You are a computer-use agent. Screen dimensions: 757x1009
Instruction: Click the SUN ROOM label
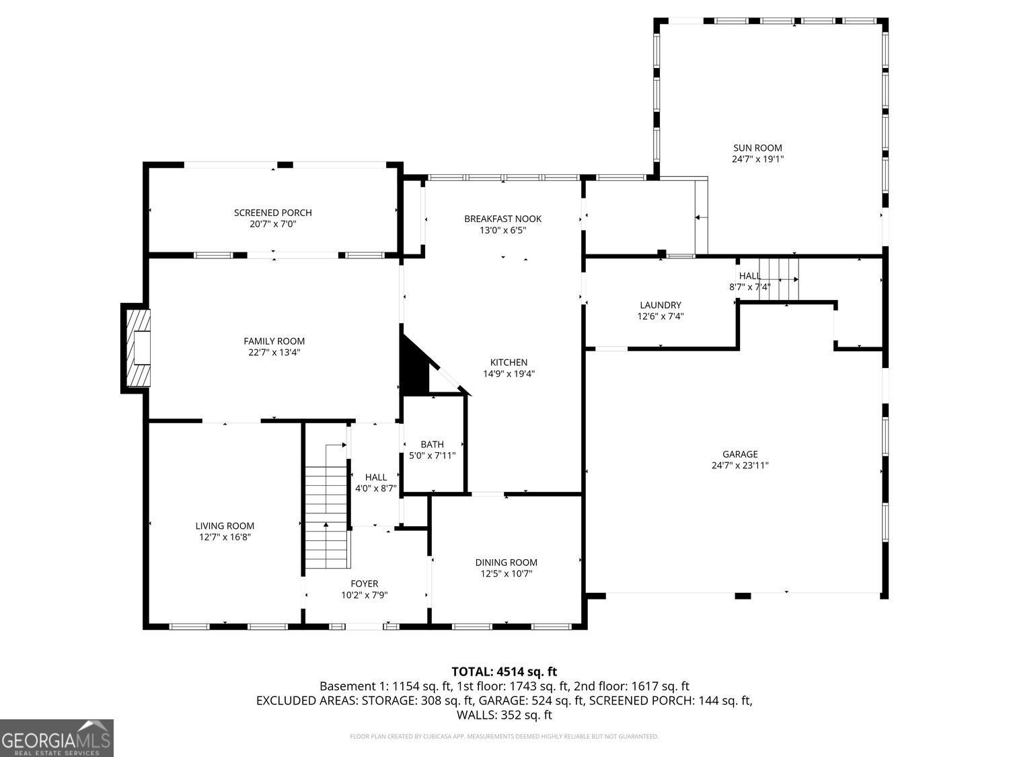point(757,148)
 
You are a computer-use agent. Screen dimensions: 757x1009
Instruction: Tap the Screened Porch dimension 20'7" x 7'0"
point(272,224)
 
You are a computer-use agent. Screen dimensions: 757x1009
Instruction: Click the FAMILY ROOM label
point(274,341)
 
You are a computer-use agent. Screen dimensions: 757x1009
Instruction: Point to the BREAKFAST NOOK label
point(502,219)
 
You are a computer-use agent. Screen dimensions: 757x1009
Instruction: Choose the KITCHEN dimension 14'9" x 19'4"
point(509,373)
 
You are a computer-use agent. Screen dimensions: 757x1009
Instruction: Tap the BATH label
point(432,444)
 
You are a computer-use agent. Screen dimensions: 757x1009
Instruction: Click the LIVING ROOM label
point(225,526)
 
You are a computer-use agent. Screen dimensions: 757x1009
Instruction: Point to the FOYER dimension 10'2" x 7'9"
point(364,595)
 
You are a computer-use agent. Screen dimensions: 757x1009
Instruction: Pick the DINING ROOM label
point(506,563)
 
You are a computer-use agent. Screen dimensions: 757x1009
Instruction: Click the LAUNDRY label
point(660,305)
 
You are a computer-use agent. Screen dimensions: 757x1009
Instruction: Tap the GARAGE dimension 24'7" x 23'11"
point(740,465)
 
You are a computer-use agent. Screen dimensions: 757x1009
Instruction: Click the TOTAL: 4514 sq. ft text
point(504,672)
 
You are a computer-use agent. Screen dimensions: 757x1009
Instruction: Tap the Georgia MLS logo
point(57,738)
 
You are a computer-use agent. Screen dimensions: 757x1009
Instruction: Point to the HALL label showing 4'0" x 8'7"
point(375,477)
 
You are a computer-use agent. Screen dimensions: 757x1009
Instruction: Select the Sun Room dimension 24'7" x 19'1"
point(757,159)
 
